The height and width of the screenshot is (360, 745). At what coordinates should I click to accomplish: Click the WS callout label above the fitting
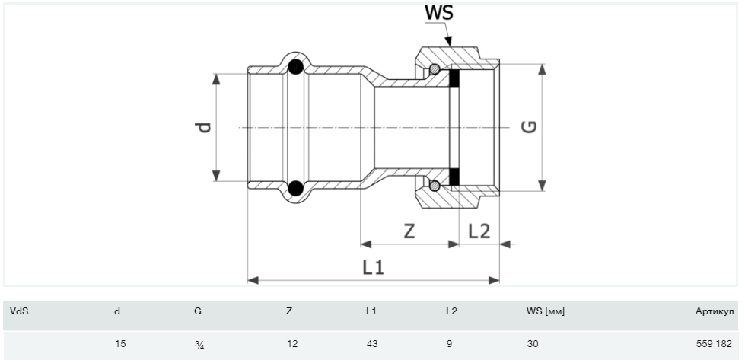pyautogui.click(x=441, y=13)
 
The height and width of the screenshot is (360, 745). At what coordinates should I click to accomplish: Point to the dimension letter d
pyautogui.click(x=203, y=127)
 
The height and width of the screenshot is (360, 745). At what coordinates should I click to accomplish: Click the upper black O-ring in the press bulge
pyautogui.click(x=294, y=68)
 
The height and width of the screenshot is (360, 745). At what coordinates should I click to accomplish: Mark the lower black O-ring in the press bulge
pyautogui.click(x=294, y=186)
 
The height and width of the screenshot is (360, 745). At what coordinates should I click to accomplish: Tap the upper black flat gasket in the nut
pyautogui.click(x=454, y=78)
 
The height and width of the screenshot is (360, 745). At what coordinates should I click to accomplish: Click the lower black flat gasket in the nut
pyautogui.click(x=454, y=177)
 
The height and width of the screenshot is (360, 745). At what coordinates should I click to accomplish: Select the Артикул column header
pyautogui.click(x=713, y=311)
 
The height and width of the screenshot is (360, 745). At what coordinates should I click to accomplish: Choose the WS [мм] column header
pyautogui.click(x=545, y=311)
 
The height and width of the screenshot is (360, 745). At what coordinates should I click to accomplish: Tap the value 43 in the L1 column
pyautogui.click(x=372, y=344)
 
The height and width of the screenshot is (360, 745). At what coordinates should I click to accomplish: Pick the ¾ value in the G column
pyautogui.click(x=199, y=345)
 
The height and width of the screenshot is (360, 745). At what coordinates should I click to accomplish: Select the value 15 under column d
pyautogui.click(x=119, y=344)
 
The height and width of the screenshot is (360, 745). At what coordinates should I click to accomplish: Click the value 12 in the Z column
pyautogui.click(x=292, y=344)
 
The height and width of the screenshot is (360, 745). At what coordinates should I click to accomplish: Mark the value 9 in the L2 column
pyautogui.click(x=449, y=344)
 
